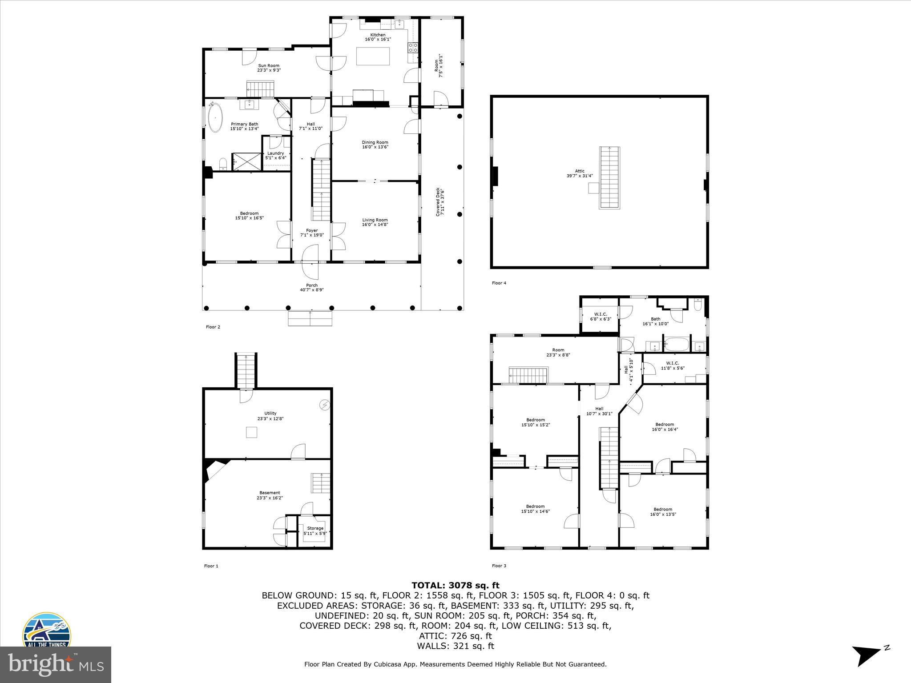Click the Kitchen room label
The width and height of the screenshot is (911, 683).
tap(378, 37)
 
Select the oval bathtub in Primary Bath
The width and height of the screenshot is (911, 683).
tap(216, 118)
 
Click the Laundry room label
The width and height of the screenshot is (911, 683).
tap(276, 155)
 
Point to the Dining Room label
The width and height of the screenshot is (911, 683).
tap(375, 145)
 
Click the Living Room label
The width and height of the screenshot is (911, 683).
tap(375, 222)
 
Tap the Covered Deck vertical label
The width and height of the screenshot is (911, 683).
tap(439, 201)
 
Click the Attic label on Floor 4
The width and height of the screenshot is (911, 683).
tap(580, 173)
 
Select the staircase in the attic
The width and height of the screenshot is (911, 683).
tap(609, 177)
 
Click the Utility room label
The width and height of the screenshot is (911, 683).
tap(270, 416)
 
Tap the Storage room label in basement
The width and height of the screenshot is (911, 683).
tap(315, 530)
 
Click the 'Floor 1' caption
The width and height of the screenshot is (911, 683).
tap(211, 566)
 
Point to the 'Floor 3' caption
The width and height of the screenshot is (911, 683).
tap(499, 566)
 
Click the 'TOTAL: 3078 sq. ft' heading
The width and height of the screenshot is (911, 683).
tap(455, 585)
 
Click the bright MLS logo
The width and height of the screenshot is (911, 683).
tap(56, 665)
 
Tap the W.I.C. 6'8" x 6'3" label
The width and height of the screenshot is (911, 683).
tap(598, 316)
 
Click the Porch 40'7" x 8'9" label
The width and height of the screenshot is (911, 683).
tap(312, 288)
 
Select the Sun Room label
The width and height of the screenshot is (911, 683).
tap(269, 68)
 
